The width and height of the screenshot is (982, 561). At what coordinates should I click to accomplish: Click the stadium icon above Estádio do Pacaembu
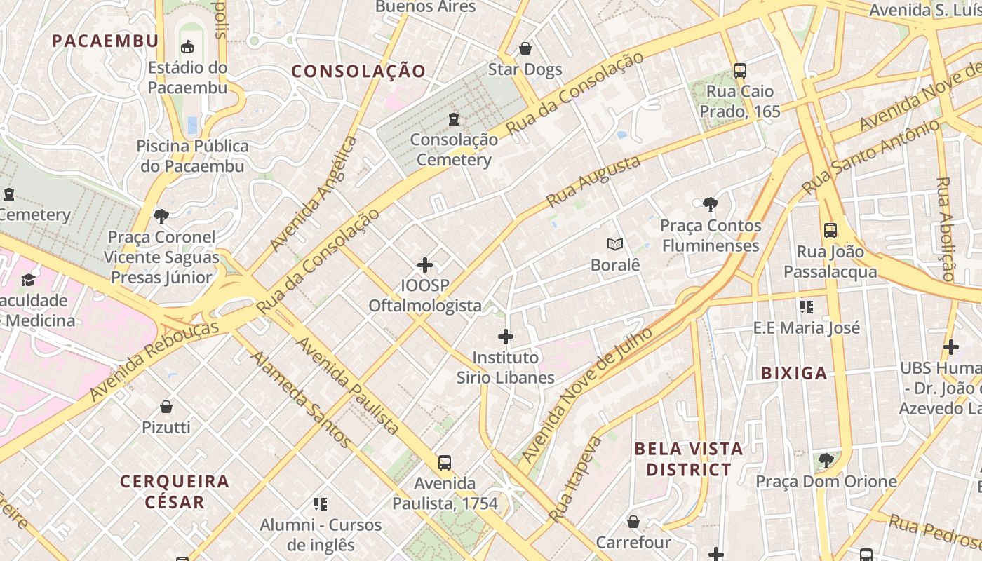187,47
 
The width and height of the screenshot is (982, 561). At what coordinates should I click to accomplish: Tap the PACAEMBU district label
105,41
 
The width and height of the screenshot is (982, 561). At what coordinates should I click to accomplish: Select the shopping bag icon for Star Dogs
525,48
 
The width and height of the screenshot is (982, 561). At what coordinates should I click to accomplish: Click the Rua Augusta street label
593,182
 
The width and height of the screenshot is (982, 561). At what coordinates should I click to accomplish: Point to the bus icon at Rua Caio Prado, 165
739,70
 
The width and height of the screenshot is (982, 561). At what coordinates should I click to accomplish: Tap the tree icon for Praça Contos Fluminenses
710,205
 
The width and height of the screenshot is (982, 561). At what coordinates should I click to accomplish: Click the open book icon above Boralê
615,245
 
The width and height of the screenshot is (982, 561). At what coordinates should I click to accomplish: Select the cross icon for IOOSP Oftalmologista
425,265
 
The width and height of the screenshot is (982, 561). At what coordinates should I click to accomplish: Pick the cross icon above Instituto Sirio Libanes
505,337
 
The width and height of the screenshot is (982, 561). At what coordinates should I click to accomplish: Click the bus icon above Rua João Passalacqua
830,231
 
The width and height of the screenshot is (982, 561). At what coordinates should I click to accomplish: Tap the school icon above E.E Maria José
806,306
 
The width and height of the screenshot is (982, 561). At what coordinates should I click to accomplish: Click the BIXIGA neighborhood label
794,373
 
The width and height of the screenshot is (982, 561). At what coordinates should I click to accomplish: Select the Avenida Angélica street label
314,194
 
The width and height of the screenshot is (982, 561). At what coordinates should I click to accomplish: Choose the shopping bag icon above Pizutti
166,407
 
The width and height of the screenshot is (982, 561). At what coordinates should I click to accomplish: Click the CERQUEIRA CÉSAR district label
175,492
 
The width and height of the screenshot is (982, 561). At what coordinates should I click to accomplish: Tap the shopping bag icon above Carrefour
633,522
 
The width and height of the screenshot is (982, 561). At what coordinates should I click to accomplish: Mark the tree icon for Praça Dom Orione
826,461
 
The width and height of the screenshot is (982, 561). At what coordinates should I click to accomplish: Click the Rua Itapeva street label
575,479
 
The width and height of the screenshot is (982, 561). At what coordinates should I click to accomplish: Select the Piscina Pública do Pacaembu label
192,156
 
